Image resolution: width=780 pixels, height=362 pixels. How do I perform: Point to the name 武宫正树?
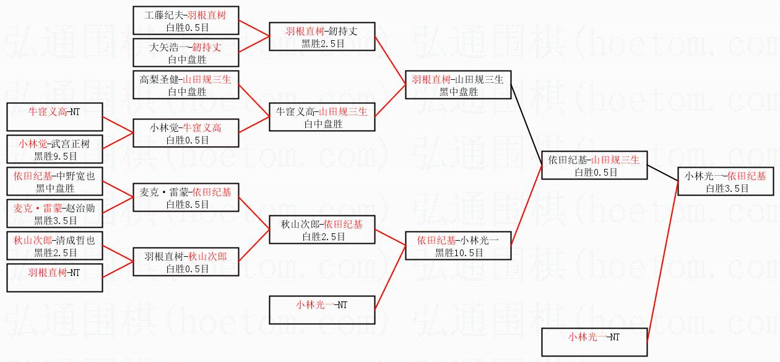coord(73,144)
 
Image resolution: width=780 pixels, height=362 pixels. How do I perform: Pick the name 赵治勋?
coord(81,209)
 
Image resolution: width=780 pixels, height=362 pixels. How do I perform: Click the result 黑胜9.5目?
coord(55,156)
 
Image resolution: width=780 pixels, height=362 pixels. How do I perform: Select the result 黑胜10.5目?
coord(458,252)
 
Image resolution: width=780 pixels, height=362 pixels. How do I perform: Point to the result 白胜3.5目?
coord(726,188)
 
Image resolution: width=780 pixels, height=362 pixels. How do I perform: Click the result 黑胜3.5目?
coord(55,220)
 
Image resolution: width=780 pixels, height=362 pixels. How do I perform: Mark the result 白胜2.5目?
coord(323,236)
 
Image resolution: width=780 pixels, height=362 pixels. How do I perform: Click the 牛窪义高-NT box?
coord(55,117)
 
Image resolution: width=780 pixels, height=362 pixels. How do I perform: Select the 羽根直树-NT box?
coord(55,277)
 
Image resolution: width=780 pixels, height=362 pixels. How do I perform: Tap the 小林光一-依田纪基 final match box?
coord(726,181)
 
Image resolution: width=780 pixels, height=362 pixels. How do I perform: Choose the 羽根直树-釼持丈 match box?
coord(322,37)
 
